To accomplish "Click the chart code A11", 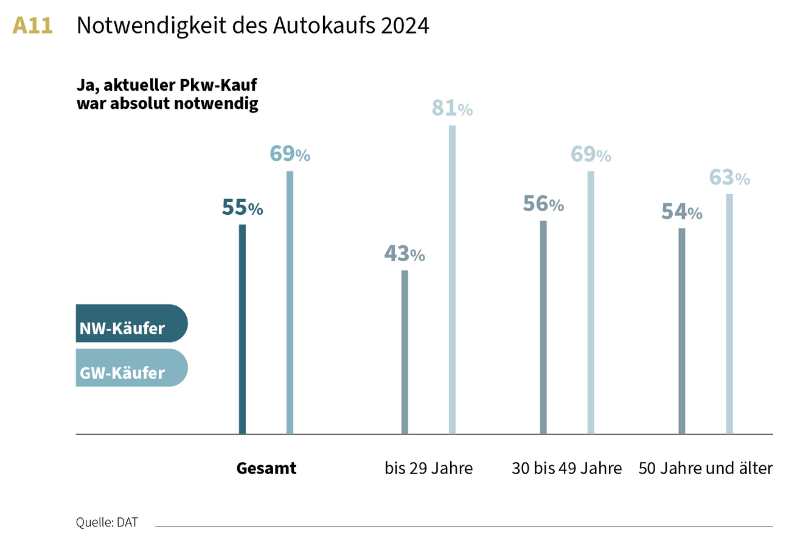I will point(33,26).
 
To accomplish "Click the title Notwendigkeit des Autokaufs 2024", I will point(252,26).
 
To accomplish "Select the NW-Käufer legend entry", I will point(131,323).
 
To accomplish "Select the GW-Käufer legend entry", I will point(131,368).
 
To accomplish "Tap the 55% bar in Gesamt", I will point(242,329).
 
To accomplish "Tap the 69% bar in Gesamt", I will point(290,303).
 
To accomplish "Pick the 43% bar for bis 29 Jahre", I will point(405,352).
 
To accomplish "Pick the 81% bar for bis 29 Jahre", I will point(452,279).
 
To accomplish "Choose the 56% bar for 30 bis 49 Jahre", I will point(543,327).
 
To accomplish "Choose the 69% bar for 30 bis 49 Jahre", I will point(591,303).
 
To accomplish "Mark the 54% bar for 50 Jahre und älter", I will point(681,331).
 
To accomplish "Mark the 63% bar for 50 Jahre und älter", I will point(729,313).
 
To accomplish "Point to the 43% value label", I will point(405,253).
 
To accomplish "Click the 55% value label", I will point(242,208).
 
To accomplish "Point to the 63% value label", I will point(729,178).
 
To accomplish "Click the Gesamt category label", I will point(266,469).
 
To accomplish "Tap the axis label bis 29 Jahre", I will point(428,469).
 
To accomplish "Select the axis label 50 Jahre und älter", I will point(706,469).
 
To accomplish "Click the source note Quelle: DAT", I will point(106,522).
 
